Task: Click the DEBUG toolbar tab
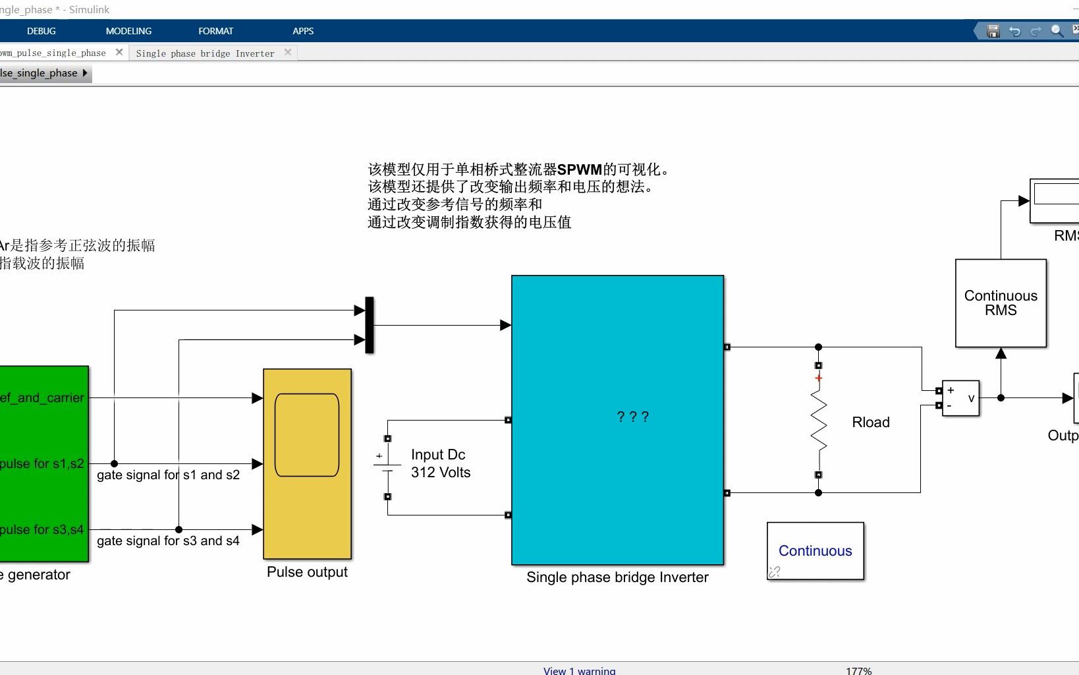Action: click(41, 31)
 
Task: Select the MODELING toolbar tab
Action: click(128, 31)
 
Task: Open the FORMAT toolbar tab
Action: click(215, 31)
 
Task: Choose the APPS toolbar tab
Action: click(303, 31)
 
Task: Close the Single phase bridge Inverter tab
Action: click(288, 52)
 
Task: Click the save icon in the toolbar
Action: click(993, 31)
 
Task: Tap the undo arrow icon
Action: click(1014, 31)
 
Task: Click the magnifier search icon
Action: click(1057, 31)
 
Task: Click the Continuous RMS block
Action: click(1001, 303)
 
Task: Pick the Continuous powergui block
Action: click(815, 551)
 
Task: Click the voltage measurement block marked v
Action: click(960, 398)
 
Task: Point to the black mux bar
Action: click(370, 325)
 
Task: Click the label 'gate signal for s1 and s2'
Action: click(168, 475)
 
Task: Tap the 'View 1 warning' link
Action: click(579, 670)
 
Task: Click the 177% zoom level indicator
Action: click(858, 670)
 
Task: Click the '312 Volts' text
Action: click(441, 473)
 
